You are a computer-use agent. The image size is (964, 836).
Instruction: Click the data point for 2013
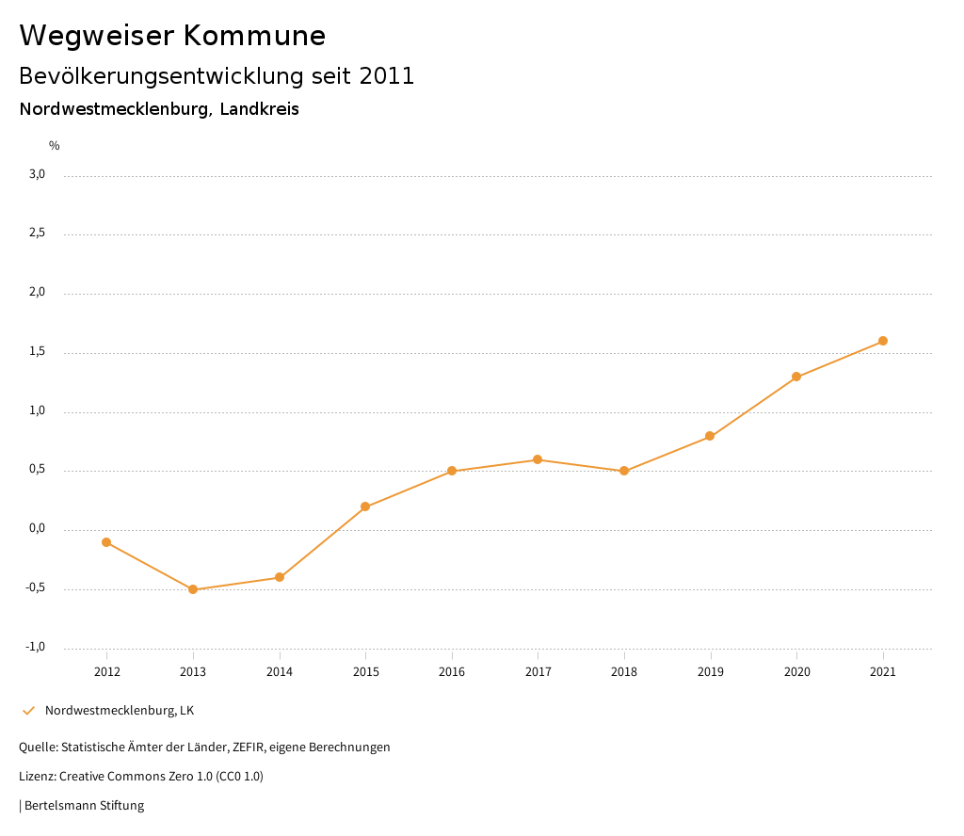pos(193,589)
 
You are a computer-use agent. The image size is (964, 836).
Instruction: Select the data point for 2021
pos(883,341)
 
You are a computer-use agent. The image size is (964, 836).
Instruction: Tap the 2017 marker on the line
pos(538,459)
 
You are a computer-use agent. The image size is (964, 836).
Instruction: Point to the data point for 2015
pos(365,506)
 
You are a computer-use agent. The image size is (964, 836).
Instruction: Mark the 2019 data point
pos(710,436)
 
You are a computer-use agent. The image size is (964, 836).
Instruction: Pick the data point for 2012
pos(106,542)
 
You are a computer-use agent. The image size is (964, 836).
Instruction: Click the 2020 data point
pos(796,377)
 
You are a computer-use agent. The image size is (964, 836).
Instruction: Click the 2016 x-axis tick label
pos(452,672)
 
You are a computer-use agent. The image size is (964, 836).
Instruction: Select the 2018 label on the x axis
pos(624,672)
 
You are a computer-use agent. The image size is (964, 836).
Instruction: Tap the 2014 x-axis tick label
pos(280,672)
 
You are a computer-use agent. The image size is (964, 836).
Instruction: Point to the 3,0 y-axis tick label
pos(37,174)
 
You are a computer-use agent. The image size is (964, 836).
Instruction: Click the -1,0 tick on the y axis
pos(36,647)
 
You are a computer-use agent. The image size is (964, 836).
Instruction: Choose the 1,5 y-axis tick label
pos(37,352)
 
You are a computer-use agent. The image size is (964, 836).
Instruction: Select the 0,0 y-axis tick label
pos(37,529)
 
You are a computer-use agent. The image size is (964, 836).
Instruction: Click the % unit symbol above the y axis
pos(55,146)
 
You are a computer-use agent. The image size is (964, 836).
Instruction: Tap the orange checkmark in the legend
pos(28,711)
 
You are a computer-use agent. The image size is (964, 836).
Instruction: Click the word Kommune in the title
pos(254,36)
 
